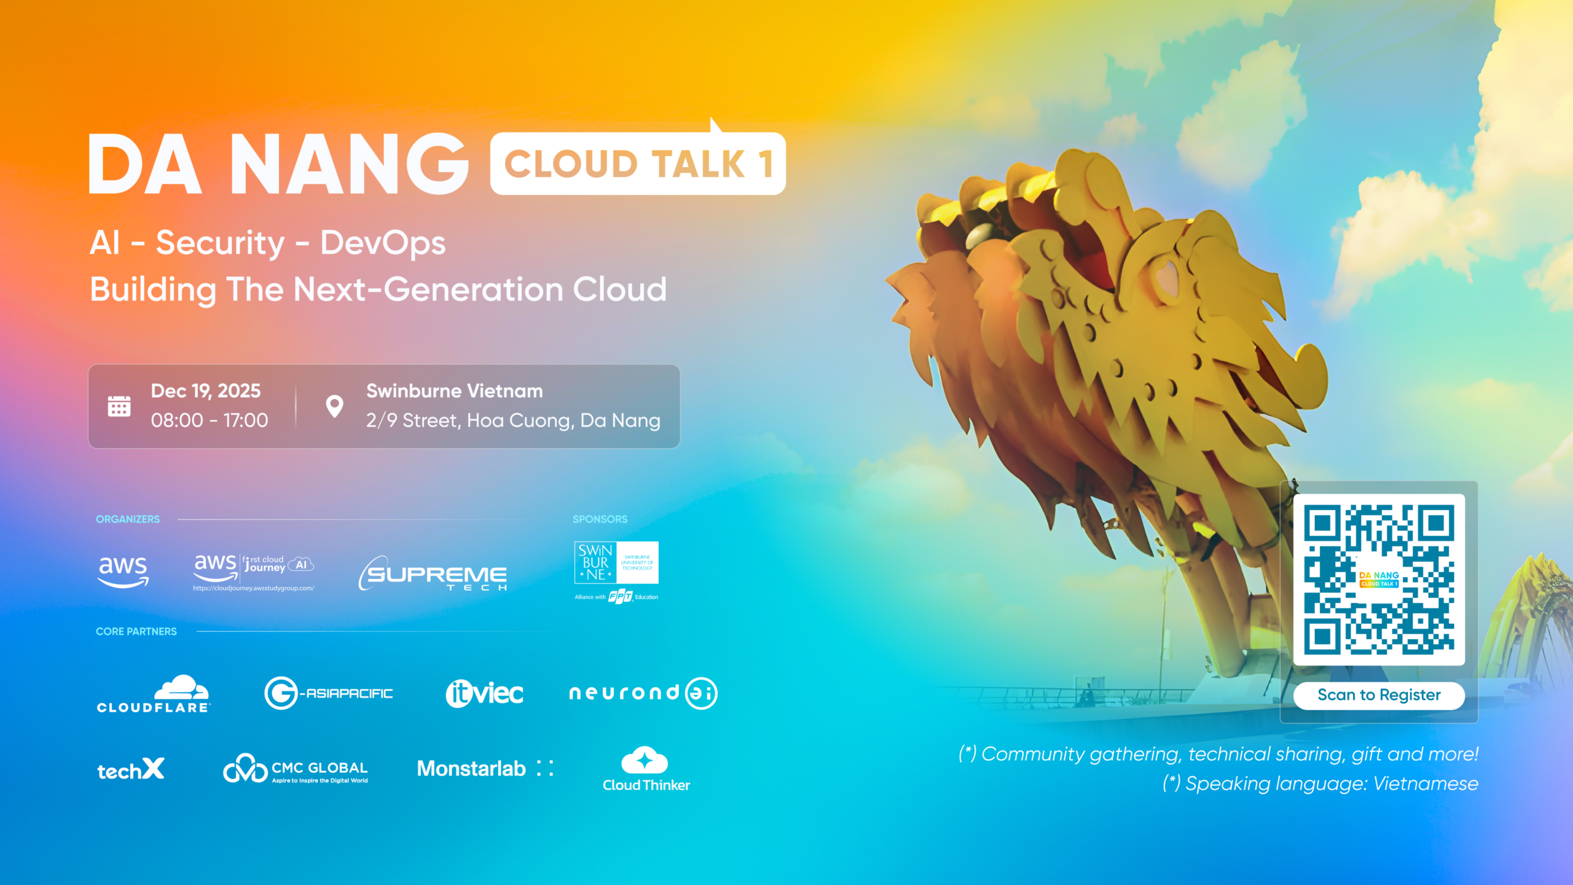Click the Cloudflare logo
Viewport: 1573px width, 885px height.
(153, 694)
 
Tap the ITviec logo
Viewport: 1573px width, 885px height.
(484, 693)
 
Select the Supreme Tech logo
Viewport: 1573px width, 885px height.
(433, 573)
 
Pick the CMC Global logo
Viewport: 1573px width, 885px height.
(296, 769)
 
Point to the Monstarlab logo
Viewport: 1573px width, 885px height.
(485, 768)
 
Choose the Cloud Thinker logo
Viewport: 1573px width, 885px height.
(645, 769)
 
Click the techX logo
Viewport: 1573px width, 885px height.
(131, 769)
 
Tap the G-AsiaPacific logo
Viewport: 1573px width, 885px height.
(329, 693)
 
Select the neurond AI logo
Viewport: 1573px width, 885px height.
(643, 693)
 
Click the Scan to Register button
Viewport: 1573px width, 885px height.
(1379, 695)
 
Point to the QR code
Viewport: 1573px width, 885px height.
(1379, 579)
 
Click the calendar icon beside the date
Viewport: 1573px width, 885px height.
(119, 406)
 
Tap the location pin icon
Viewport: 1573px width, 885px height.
(334, 406)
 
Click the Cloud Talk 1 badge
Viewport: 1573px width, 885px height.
(638, 163)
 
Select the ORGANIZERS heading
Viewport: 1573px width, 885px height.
(128, 519)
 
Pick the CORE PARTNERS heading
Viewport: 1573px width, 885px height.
(136, 631)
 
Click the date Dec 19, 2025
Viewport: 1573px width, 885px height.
(206, 391)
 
